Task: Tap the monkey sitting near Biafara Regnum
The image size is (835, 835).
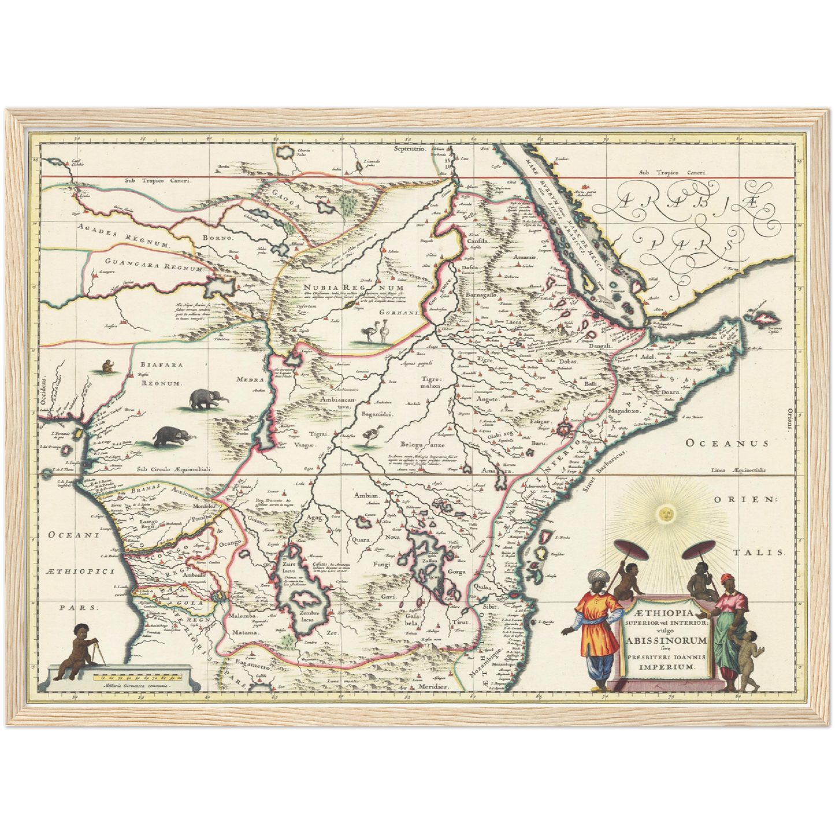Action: pyautogui.click(x=107, y=366)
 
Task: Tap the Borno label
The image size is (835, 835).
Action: pyautogui.click(x=217, y=237)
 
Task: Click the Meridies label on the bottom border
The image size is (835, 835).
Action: pyautogui.click(x=435, y=686)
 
